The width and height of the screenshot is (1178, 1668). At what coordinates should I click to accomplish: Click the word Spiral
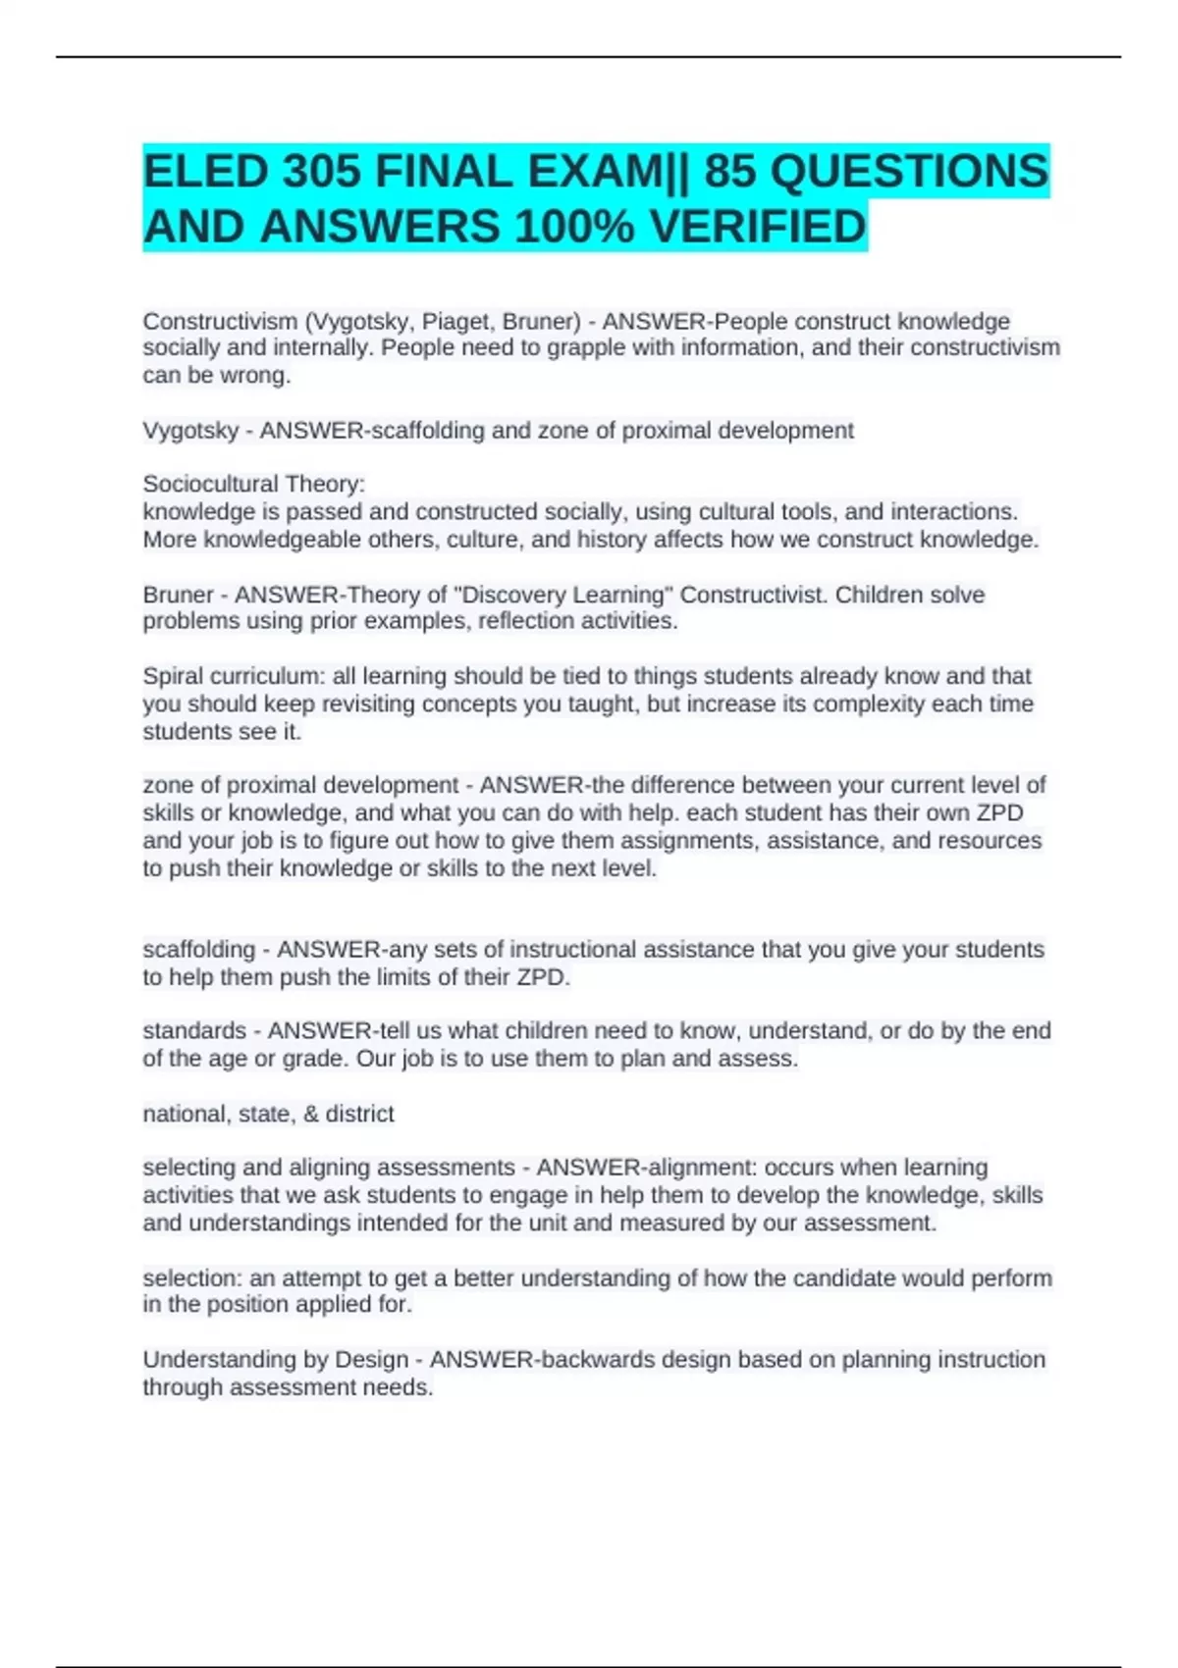(x=172, y=676)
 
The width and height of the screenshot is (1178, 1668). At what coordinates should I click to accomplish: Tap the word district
(x=359, y=1114)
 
